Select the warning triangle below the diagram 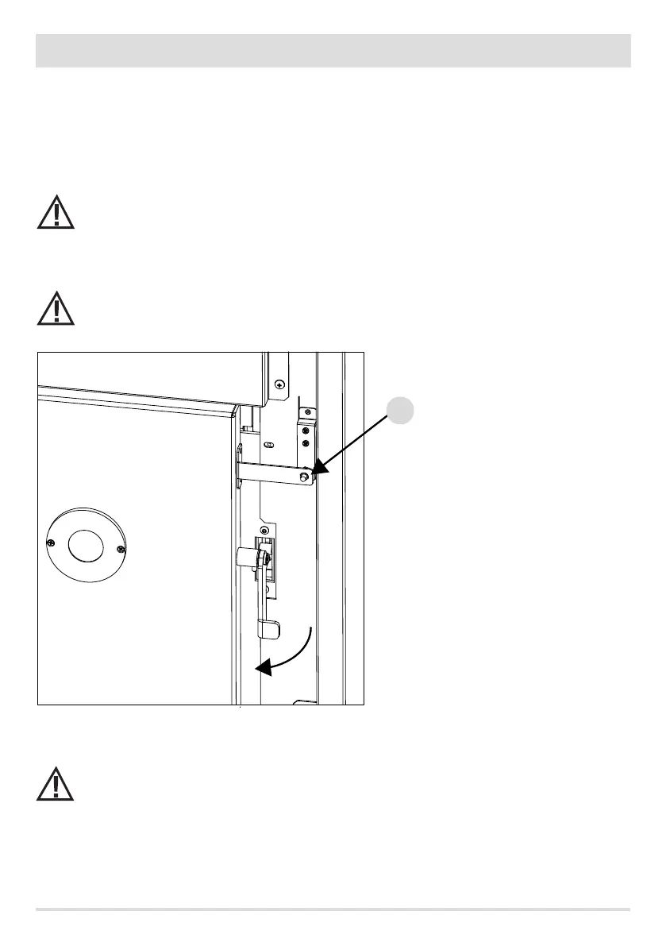[55, 785]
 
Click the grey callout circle [401, 410]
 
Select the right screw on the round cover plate [121, 550]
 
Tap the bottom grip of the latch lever [268, 630]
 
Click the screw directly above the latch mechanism [264, 530]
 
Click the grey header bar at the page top [333, 51]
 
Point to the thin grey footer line [333, 909]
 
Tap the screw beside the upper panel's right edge [277, 384]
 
